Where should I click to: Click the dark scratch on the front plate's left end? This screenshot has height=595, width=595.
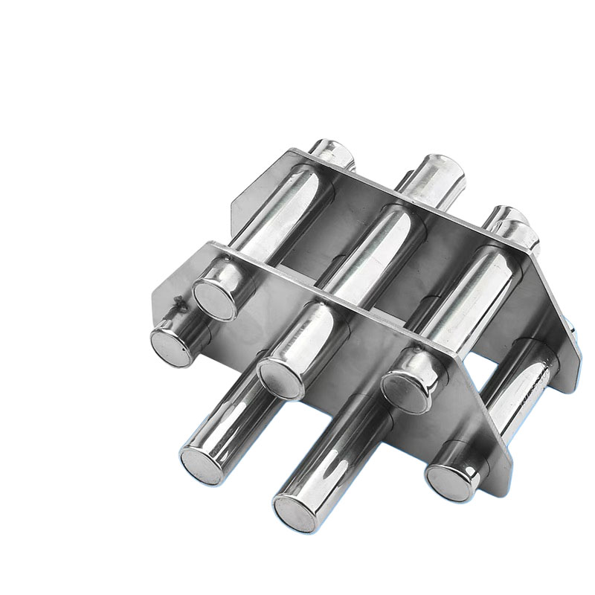tap(179, 302)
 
